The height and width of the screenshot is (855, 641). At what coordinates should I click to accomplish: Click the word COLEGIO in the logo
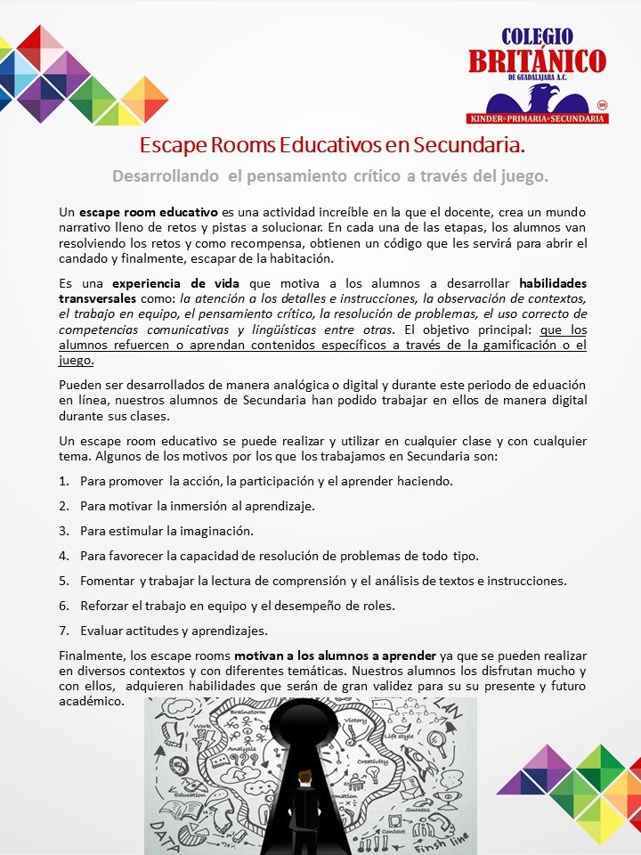[537, 37]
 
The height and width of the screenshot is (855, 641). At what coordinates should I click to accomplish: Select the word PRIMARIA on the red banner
[539, 118]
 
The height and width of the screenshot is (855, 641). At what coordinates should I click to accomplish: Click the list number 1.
[63, 481]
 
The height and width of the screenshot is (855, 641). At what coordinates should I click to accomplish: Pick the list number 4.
[63, 556]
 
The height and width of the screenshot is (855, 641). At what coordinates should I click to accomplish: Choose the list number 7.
[63, 631]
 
